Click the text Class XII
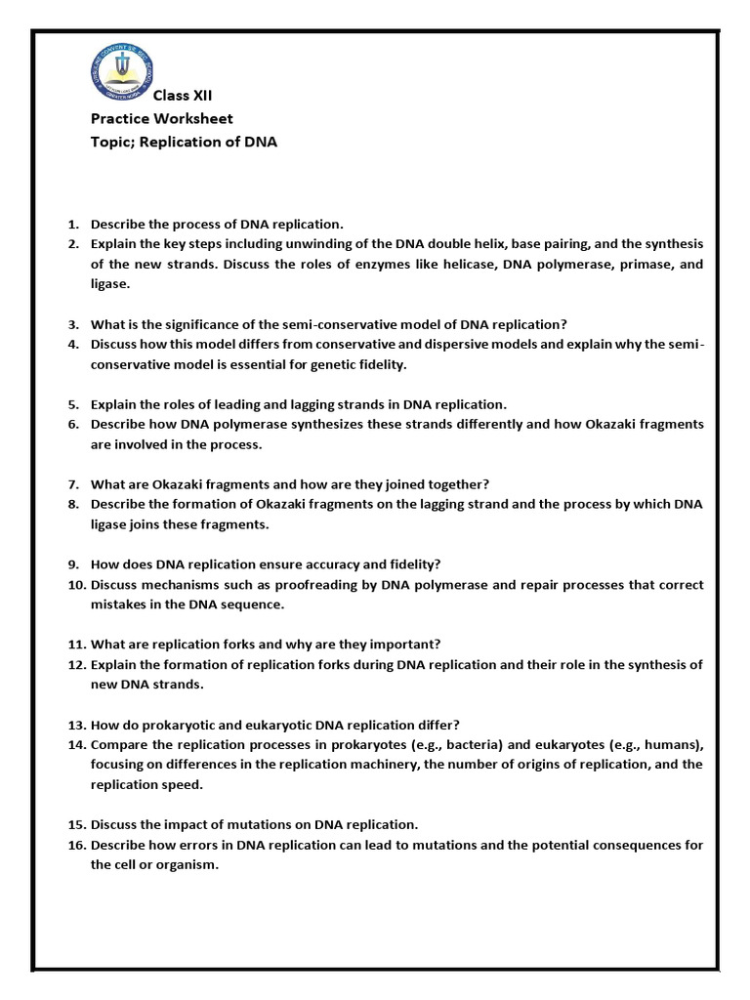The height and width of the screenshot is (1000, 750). (183, 95)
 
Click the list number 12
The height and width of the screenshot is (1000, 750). (76, 664)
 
